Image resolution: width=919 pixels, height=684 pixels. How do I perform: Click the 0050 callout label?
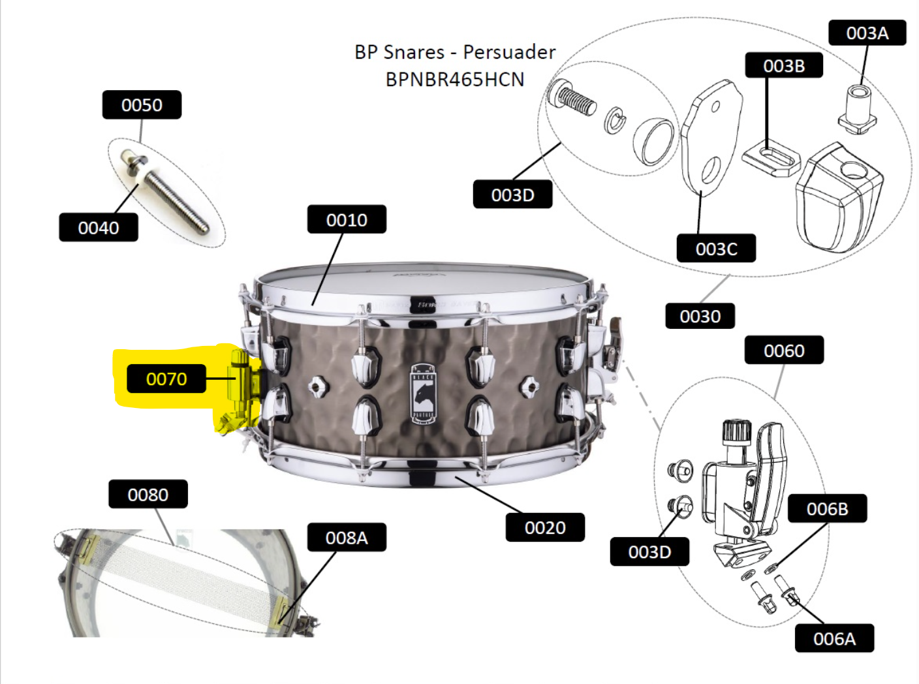[x=142, y=105]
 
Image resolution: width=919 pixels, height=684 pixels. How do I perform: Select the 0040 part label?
[x=99, y=227]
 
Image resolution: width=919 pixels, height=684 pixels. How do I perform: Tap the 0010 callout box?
[x=347, y=219]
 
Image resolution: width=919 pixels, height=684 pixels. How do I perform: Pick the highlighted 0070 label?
[x=166, y=379]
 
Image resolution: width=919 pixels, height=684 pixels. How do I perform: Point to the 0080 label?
[x=148, y=494]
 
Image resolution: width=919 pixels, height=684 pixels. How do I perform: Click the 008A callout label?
[x=347, y=537]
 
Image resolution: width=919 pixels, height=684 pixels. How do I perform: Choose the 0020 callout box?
[x=545, y=527]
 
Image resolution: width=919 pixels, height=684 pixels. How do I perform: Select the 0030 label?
[x=700, y=316]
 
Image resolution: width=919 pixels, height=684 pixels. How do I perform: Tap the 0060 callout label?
[x=785, y=350]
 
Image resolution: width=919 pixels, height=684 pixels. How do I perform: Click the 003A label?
[x=867, y=33]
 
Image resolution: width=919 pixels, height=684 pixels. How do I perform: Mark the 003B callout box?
[x=785, y=65]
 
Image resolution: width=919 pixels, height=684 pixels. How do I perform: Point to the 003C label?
[x=717, y=248]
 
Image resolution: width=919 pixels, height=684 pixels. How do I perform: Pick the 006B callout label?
[x=828, y=508]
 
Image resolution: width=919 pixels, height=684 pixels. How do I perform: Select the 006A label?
[x=834, y=638]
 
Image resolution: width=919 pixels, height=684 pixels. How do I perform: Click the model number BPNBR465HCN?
[x=455, y=80]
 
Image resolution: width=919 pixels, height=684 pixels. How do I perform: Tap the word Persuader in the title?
[x=509, y=52]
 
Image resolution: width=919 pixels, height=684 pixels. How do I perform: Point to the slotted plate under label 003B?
[x=771, y=159]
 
